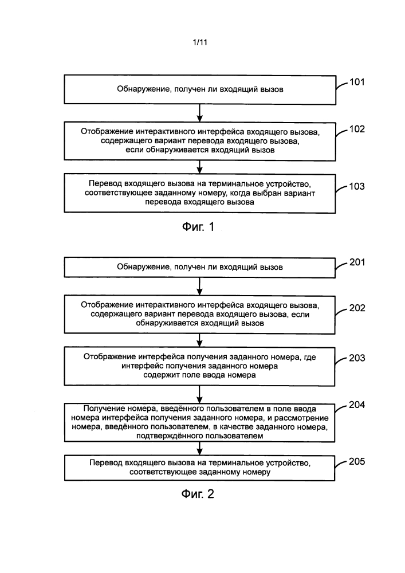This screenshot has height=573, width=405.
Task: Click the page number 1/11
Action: [x=200, y=42]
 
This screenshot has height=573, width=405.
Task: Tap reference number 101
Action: [x=357, y=82]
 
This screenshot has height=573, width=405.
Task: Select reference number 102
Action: [x=357, y=129]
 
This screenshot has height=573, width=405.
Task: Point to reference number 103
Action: [x=357, y=186]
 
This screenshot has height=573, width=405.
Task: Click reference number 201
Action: [x=357, y=262]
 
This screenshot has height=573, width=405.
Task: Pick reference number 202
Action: [x=357, y=308]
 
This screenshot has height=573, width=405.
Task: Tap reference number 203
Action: [x=357, y=358]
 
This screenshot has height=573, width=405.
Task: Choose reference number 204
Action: [x=357, y=405]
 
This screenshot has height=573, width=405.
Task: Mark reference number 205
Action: [x=357, y=461]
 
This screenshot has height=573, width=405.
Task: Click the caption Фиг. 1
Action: [x=198, y=227]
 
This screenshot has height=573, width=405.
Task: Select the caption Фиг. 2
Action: [x=198, y=494]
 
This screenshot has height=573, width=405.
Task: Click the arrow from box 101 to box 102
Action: [x=199, y=113]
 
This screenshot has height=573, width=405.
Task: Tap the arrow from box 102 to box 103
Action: [x=199, y=167]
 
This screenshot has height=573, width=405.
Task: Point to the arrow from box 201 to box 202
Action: [x=199, y=286]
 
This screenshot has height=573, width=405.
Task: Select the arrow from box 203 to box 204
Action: [x=199, y=394]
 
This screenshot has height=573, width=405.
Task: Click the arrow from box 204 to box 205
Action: [x=199, y=449]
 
